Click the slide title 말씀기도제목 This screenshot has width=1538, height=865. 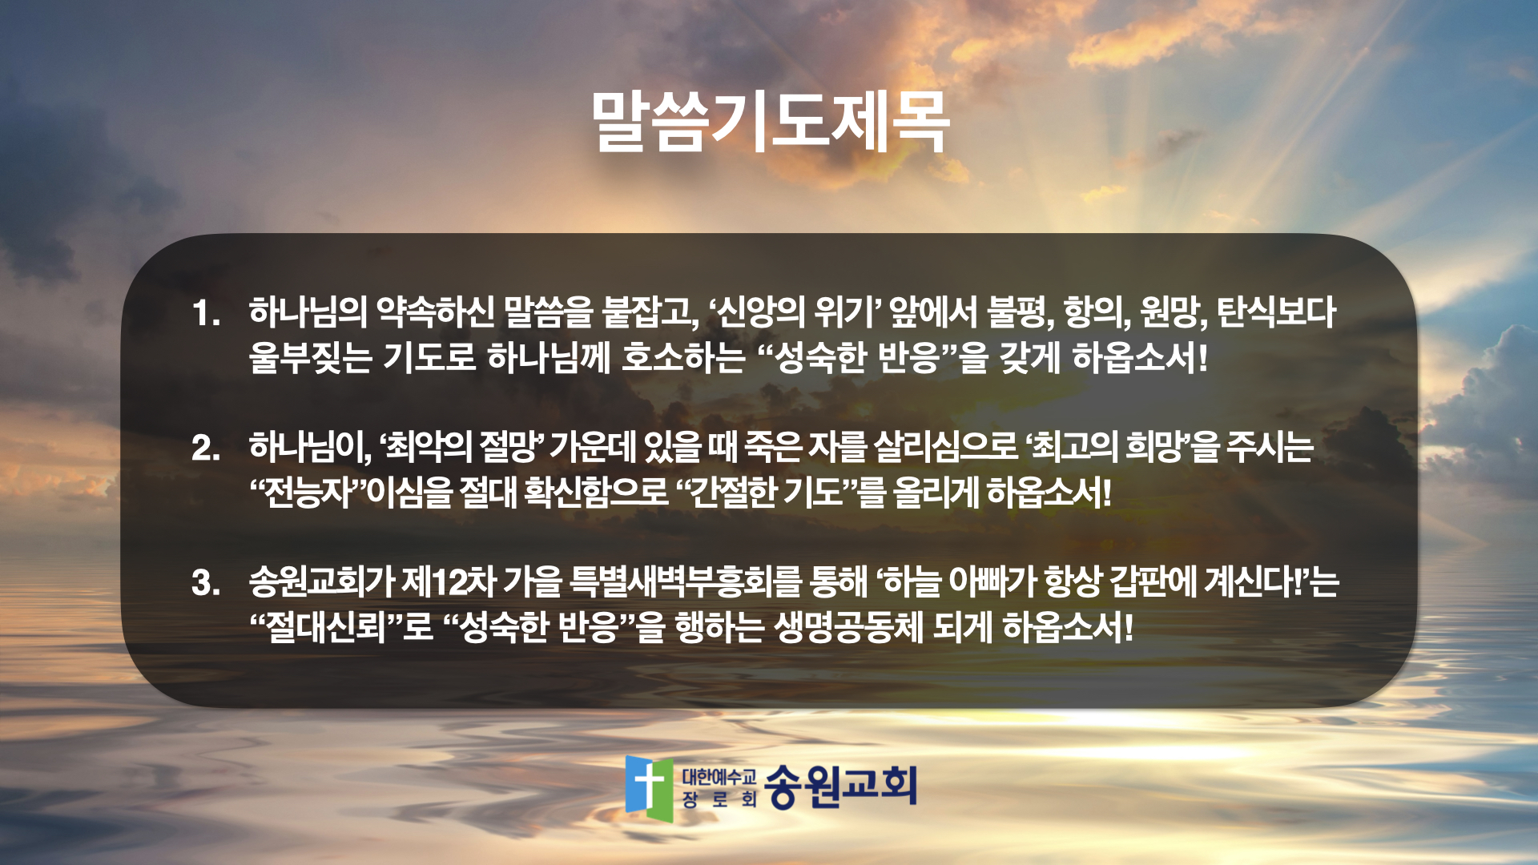coord(771,122)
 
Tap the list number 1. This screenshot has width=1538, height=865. coord(206,313)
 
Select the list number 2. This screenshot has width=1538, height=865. coord(206,448)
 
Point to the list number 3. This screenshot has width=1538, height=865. coord(206,583)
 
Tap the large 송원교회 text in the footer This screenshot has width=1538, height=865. coord(840,786)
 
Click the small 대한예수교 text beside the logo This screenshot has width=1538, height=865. coord(719,775)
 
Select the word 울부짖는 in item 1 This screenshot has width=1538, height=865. coord(311,357)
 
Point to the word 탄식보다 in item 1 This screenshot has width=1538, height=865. coord(1277,312)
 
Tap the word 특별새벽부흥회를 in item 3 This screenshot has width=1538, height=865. coord(686,582)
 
